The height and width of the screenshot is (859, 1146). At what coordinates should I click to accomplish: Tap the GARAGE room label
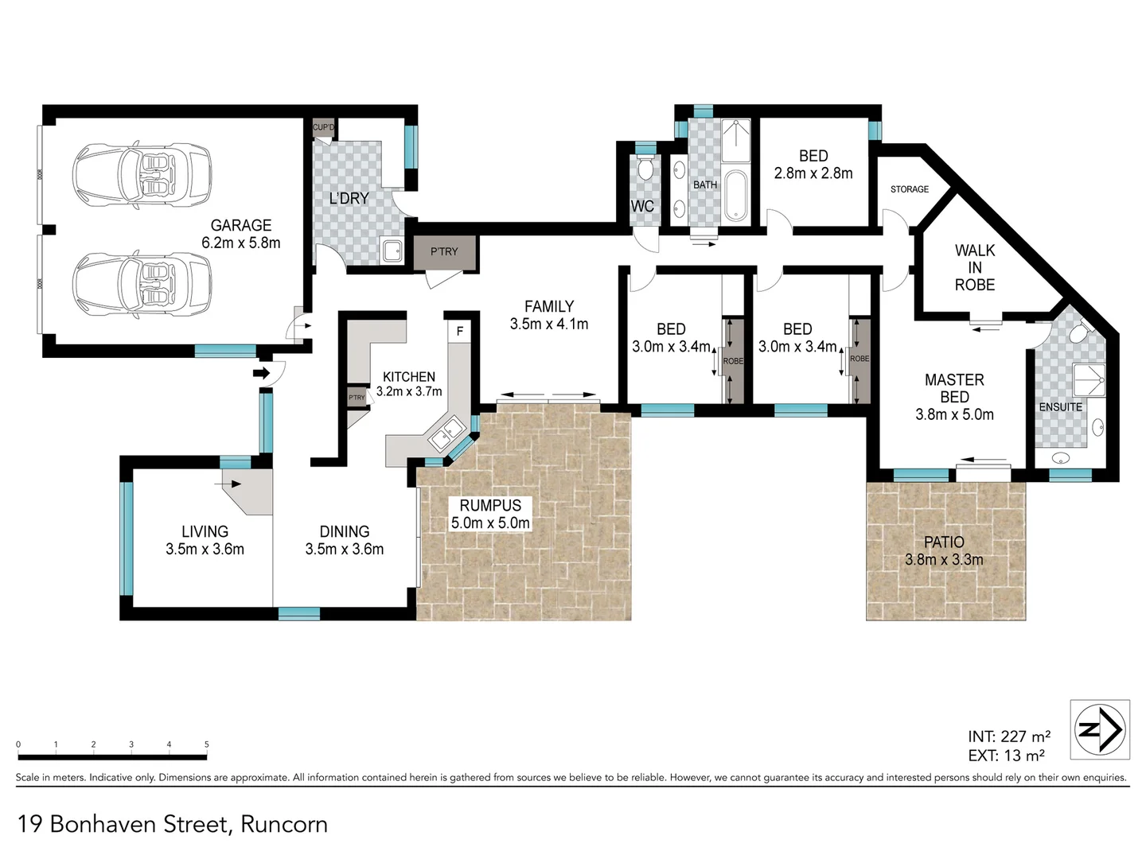click(241, 226)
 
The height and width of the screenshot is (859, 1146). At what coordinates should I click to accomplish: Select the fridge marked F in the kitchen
click(459, 331)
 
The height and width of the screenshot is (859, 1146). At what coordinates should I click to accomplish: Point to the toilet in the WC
click(645, 169)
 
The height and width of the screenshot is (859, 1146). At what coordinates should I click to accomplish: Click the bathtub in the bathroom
click(736, 194)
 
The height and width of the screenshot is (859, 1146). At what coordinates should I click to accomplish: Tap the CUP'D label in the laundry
click(324, 127)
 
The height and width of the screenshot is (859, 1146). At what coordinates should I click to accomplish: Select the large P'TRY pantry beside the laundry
click(444, 252)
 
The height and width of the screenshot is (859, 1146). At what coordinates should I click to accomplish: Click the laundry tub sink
click(392, 251)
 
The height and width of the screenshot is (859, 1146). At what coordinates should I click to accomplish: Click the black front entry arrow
click(260, 372)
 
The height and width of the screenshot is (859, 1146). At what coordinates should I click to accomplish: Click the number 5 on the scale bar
click(206, 745)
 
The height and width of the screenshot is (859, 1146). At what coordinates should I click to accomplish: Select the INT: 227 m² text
click(1009, 737)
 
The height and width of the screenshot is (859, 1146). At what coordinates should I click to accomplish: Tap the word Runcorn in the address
click(284, 824)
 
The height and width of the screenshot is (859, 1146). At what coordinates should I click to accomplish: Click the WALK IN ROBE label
click(975, 267)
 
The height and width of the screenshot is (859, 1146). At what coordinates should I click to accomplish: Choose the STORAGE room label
click(910, 189)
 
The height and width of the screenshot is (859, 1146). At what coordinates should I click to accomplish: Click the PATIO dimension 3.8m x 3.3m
click(944, 560)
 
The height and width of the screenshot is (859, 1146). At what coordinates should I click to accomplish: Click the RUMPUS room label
click(490, 505)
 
